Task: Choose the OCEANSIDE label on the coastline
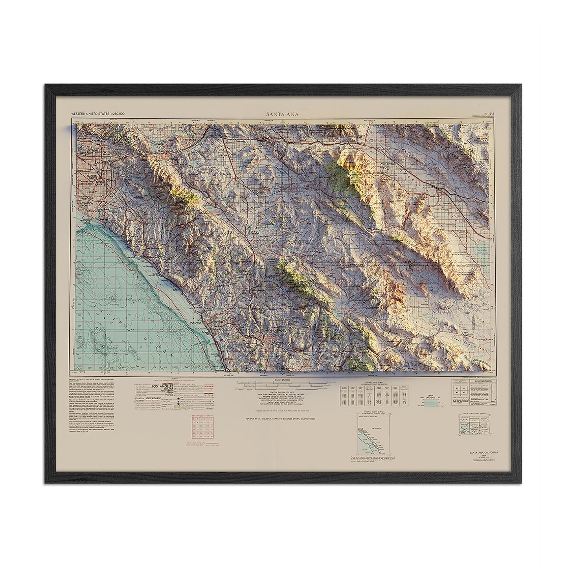click(195, 322)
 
